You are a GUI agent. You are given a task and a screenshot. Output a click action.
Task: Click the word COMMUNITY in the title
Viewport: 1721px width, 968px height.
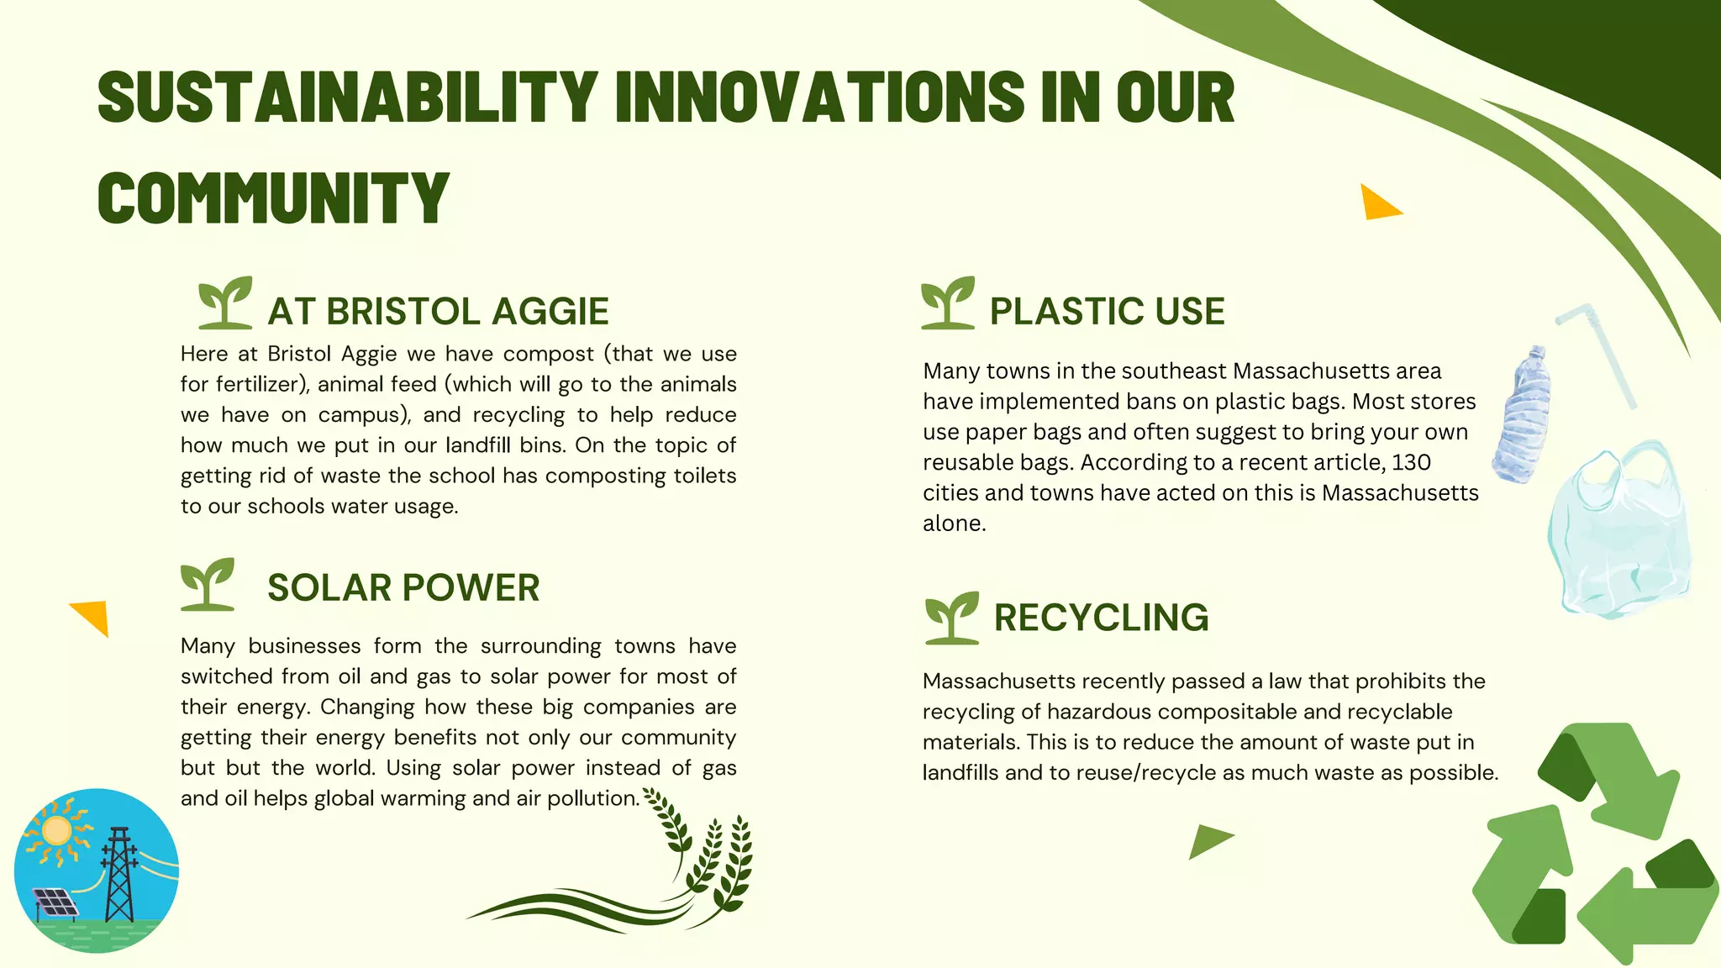[273, 197]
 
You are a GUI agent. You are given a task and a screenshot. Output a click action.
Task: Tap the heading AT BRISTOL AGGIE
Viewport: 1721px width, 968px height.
[438, 312]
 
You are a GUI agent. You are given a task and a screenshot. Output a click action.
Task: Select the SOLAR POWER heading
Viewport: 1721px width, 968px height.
[403, 588]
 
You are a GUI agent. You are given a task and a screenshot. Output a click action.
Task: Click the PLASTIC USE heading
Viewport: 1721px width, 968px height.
[1107, 312]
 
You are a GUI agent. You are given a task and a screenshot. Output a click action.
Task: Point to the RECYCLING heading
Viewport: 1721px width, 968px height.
[1101, 618]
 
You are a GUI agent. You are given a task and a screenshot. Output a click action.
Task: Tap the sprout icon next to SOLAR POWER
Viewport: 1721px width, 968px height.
[207, 584]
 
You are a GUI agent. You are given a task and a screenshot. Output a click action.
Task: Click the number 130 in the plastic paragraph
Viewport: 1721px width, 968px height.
[1411, 463]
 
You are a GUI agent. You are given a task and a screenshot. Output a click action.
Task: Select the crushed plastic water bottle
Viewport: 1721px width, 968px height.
[1523, 416]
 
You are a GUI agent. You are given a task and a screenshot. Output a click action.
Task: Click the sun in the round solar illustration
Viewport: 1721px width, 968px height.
[57, 830]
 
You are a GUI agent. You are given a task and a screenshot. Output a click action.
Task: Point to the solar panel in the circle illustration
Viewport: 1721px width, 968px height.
[55, 902]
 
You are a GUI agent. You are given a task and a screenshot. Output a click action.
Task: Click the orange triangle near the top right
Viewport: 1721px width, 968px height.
[1377, 204]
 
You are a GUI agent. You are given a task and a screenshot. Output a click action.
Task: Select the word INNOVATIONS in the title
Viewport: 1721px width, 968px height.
[820, 97]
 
